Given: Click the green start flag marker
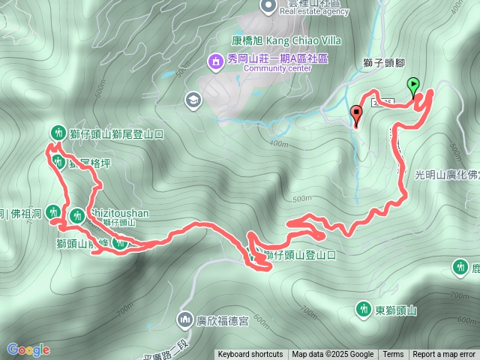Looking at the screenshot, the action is pyautogui.click(x=412, y=85).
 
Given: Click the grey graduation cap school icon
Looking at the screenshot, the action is pyautogui.click(x=193, y=100).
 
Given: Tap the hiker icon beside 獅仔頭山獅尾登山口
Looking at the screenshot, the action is pyautogui.click(x=57, y=132).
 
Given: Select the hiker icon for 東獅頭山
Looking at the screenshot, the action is pyautogui.click(x=363, y=309).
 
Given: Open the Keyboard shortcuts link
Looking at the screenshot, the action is pyautogui.click(x=250, y=355).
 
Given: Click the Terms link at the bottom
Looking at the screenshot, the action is pyautogui.click(x=393, y=355).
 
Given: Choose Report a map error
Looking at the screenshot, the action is pyautogui.click(x=444, y=355).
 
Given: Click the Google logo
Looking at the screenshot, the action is pyautogui.click(x=28, y=349).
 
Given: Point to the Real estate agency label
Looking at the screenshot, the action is pyautogui.click(x=315, y=11).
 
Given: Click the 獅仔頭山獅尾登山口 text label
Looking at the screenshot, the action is pyautogui.click(x=121, y=133).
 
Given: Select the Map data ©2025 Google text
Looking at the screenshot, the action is pyautogui.click(x=332, y=355).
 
